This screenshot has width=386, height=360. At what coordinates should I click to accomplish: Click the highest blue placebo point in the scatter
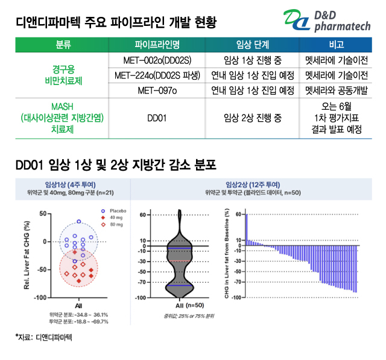click(x=78, y=221)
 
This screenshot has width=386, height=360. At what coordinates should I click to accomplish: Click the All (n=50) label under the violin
click(x=179, y=306)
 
